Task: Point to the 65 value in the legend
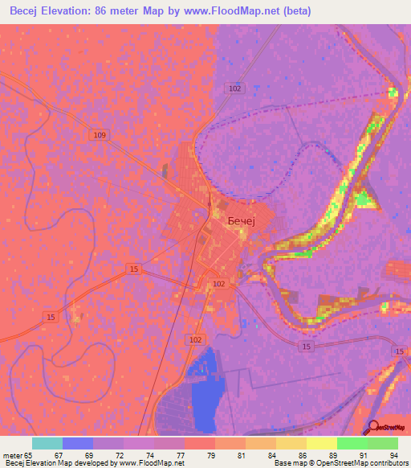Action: (x=31, y=455)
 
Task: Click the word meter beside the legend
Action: (x=12, y=455)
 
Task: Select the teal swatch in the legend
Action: (x=47, y=443)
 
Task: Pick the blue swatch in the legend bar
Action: (x=77, y=443)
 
